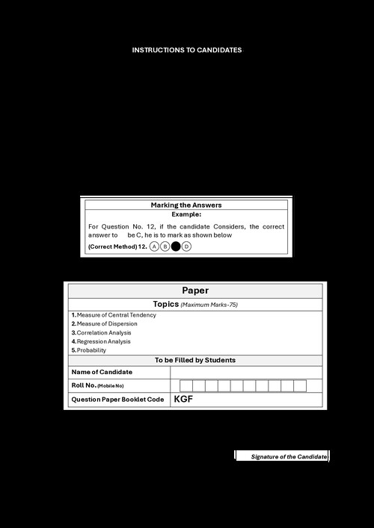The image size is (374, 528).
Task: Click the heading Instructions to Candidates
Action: (187, 50)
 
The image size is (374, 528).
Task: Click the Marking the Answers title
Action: (186, 205)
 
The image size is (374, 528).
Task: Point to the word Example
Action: (186, 214)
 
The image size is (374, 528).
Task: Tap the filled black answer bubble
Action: (176, 246)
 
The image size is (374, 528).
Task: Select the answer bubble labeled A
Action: (155, 246)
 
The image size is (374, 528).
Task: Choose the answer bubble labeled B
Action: (165, 246)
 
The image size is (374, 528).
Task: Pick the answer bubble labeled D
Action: (187, 246)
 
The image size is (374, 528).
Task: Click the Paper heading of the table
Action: (195, 291)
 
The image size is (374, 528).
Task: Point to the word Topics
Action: (166, 304)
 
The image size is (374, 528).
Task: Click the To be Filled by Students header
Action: (195, 360)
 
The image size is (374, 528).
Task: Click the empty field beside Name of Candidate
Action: (246, 372)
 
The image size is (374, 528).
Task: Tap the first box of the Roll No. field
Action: (186, 385)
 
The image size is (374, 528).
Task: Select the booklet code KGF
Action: (183, 400)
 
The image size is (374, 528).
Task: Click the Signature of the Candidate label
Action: (289, 456)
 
